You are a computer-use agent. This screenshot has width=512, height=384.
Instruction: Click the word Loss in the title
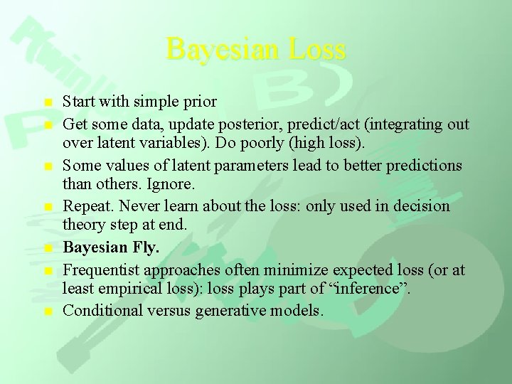coord(319,49)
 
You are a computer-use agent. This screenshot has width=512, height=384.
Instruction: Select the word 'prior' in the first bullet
coord(200,102)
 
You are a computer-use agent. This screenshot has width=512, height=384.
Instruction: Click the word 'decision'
coord(422,206)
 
